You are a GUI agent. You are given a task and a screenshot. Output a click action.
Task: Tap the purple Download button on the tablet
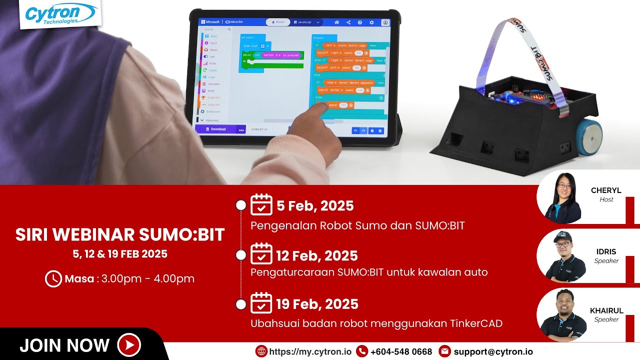click(218, 129)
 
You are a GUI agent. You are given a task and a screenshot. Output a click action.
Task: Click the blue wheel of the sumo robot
click(588, 135)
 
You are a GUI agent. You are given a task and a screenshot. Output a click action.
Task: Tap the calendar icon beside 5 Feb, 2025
click(261, 205)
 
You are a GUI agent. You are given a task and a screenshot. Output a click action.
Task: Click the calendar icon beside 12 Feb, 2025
click(261, 254)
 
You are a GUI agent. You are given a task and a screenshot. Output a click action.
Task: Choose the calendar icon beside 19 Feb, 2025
click(261, 303)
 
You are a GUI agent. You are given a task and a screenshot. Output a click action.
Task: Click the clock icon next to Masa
click(53, 278)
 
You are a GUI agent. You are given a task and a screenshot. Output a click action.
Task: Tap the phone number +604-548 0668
click(401, 351)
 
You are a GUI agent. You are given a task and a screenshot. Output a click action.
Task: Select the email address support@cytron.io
click(493, 351)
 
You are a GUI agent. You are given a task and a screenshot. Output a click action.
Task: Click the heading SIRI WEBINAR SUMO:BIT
click(120, 234)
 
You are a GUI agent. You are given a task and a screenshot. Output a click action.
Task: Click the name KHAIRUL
click(606, 310)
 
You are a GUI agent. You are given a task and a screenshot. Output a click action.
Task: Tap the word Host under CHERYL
click(606, 199)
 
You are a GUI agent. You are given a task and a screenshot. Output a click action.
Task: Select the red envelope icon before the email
click(444, 351)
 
